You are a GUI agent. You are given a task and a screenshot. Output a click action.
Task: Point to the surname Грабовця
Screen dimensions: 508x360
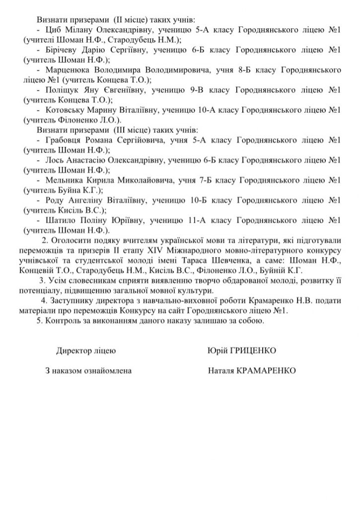tap(62, 140)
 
